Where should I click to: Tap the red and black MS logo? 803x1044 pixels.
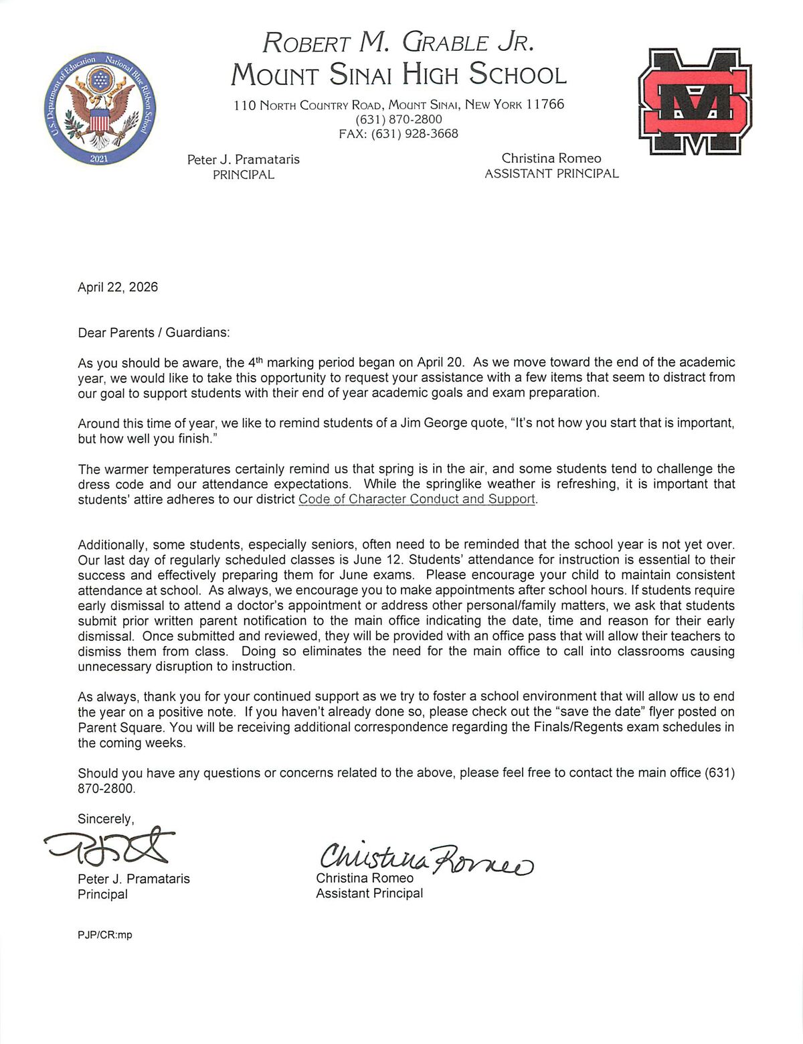[x=696, y=101]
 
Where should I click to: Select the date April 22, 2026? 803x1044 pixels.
[x=118, y=287]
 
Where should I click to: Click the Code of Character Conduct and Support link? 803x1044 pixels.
[x=417, y=500]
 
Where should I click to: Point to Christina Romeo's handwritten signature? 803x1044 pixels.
[x=426, y=856]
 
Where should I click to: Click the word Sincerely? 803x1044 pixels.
[x=106, y=818]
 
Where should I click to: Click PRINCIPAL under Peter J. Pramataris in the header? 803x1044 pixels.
[x=243, y=175]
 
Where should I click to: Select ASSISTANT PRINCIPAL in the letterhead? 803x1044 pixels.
[x=551, y=174]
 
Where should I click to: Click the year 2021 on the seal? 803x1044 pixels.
[x=99, y=159]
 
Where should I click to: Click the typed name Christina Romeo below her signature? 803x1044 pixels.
[x=365, y=878]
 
